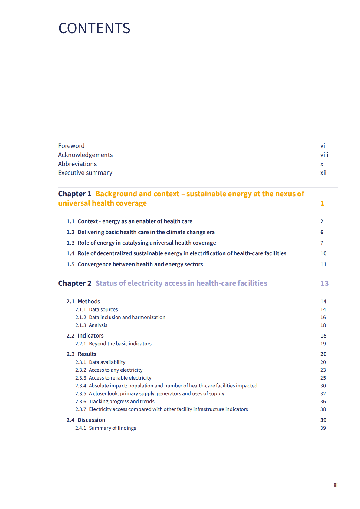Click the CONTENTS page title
point(94,28)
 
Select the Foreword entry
point(71,146)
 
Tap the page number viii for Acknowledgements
point(324,155)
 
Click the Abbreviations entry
point(77,164)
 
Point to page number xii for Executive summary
point(323,173)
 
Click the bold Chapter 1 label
point(75,194)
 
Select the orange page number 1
point(322,203)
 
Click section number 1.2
point(70,232)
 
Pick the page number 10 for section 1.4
point(323,253)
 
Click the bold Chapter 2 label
point(75,283)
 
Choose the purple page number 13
point(324,283)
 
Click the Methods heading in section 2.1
point(89,302)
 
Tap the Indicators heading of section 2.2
point(90,336)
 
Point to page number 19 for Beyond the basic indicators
point(323,344)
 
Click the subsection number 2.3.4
point(81,386)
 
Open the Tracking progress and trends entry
point(122,401)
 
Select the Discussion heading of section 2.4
point(91,420)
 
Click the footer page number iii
point(335,485)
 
